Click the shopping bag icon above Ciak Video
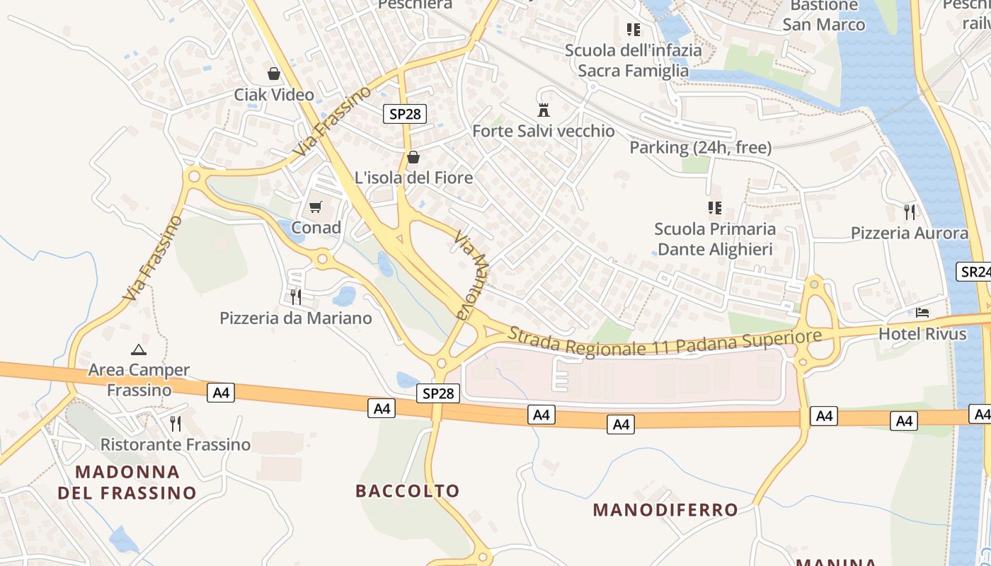click(x=274, y=74)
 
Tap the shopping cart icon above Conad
click(x=316, y=207)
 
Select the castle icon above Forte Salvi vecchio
click(x=544, y=110)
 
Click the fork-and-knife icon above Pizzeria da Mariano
click(x=296, y=296)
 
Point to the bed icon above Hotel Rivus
click(x=922, y=312)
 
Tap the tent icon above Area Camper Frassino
click(x=139, y=349)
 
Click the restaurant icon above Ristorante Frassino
click(x=176, y=423)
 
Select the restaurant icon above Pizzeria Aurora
click(x=910, y=211)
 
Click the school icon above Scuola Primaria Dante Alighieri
click(x=714, y=207)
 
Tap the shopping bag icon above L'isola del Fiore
click(x=413, y=156)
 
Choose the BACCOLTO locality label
click(x=408, y=490)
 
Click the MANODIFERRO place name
click(x=665, y=509)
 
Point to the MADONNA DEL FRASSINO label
click(x=127, y=482)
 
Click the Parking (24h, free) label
click(x=700, y=148)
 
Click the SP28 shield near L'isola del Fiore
click(x=405, y=113)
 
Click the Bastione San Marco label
click(x=824, y=16)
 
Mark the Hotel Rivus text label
click(x=922, y=333)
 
